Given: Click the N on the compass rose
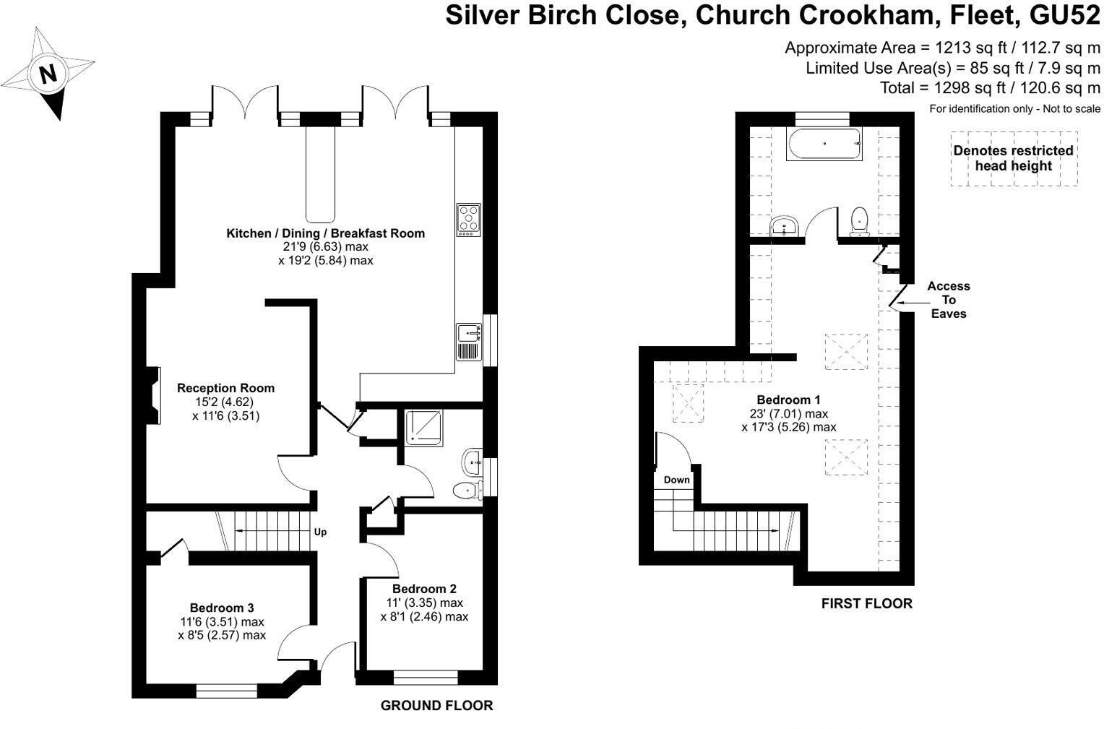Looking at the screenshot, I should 48,74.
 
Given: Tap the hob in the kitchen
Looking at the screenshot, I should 468,220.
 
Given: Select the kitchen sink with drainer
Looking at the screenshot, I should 468,342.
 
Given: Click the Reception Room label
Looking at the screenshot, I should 225,388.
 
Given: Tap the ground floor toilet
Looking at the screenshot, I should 467,491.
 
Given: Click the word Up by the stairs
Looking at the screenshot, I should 320,532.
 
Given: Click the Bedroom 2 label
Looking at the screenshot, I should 424,589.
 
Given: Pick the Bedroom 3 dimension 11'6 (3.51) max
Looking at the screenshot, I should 222,621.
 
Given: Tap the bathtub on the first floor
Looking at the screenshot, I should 824,144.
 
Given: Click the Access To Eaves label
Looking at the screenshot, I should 948,300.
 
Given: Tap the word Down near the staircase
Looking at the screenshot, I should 676,480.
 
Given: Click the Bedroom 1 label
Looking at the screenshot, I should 788,400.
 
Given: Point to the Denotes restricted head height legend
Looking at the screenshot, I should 1013,158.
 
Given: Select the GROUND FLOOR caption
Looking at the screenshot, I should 436,706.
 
